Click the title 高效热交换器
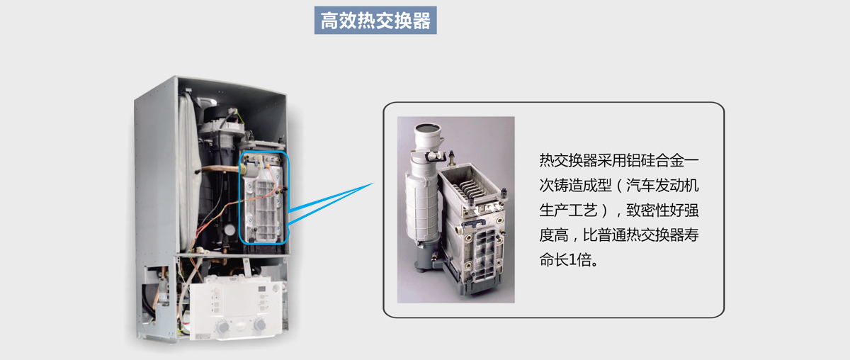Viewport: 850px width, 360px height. pos(375,21)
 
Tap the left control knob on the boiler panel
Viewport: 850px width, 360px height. pos(222,327)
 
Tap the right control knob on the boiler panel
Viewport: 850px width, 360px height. pos(259,325)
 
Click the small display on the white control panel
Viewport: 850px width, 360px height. pos(262,289)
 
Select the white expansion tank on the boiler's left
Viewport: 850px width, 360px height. pos(189,171)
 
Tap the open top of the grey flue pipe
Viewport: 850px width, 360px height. pos(429,128)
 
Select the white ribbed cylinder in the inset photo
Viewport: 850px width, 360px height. pos(421,205)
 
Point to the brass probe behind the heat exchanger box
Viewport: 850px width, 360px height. pos(452,158)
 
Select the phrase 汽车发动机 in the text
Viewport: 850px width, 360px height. pos(662,186)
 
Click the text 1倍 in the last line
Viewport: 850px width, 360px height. pos(579,260)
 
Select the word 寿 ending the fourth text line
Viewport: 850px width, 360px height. pos(691,235)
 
